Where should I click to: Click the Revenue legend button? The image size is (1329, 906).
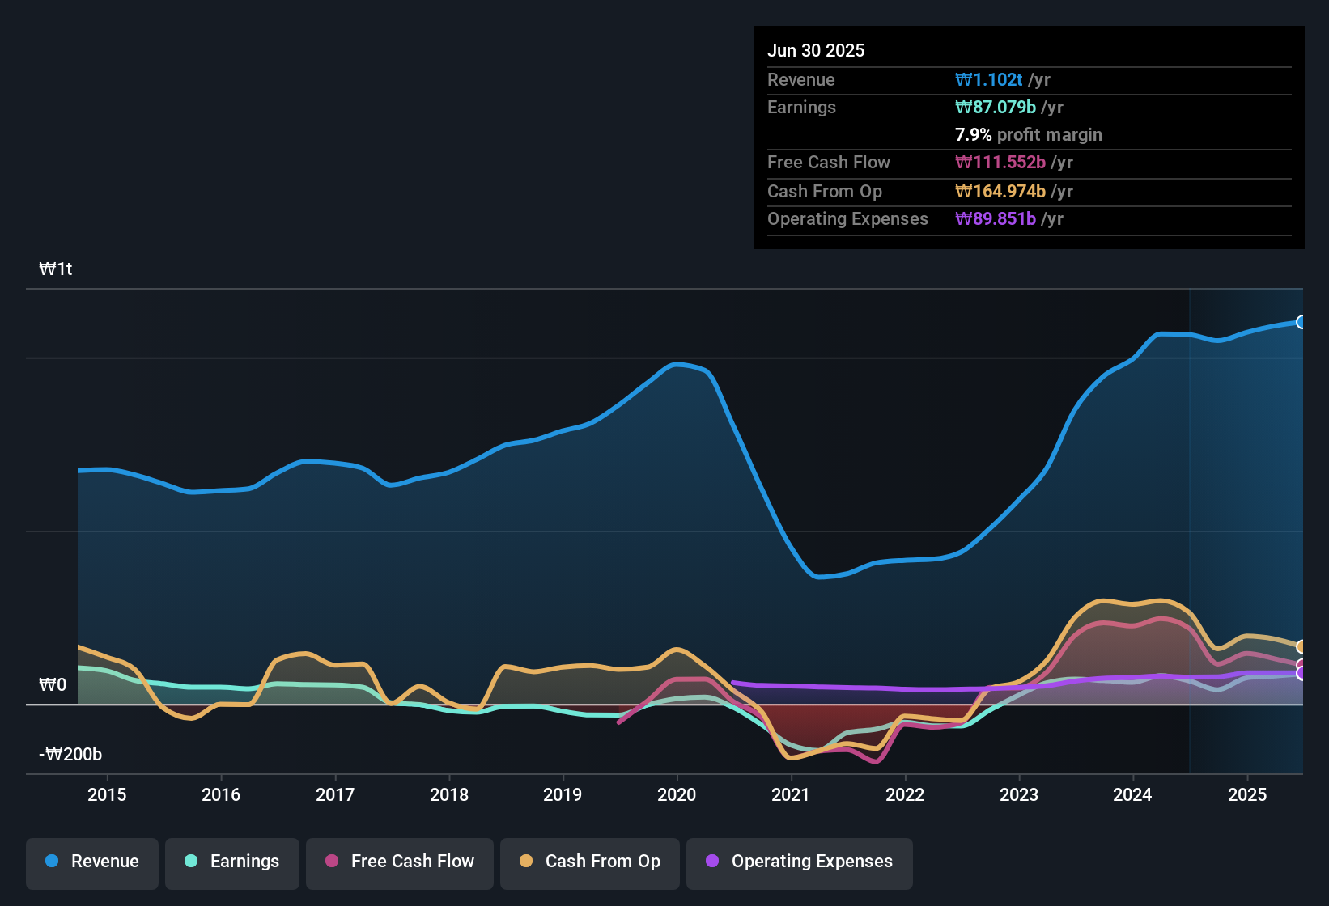tap(92, 862)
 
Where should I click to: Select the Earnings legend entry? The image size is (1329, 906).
tap(232, 862)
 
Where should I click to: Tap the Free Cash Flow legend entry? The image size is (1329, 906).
tap(400, 862)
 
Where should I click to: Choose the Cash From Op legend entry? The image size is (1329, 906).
tap(590, 862)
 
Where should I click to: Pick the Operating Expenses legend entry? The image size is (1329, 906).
tap(800, 862)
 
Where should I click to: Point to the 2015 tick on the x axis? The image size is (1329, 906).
tap(107, 794)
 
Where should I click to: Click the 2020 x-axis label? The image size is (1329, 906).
tap(677, 794)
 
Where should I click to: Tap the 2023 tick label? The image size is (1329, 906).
tap(1018, 794)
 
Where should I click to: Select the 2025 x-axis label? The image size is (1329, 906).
tap(1246, 794)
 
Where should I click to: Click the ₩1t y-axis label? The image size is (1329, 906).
tap(56, 269)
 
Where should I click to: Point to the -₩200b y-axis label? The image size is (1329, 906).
tap(70, 755)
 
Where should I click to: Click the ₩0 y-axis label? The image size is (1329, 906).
tap(53, 685)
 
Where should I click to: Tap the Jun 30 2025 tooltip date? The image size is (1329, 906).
tap(816, 50)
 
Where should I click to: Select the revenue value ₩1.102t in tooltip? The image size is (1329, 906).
tap(989, 79)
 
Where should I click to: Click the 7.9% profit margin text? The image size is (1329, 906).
tap(1028, 134)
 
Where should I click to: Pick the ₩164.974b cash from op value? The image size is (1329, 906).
tap(1000, 191)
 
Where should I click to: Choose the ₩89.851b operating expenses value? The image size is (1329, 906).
tap(996, 218)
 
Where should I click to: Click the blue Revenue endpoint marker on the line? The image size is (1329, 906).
tap(1301, 322)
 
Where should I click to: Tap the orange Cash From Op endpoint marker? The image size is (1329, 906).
tap(1301, 646)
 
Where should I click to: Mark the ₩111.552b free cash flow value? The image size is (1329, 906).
tap(1000, 162)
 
